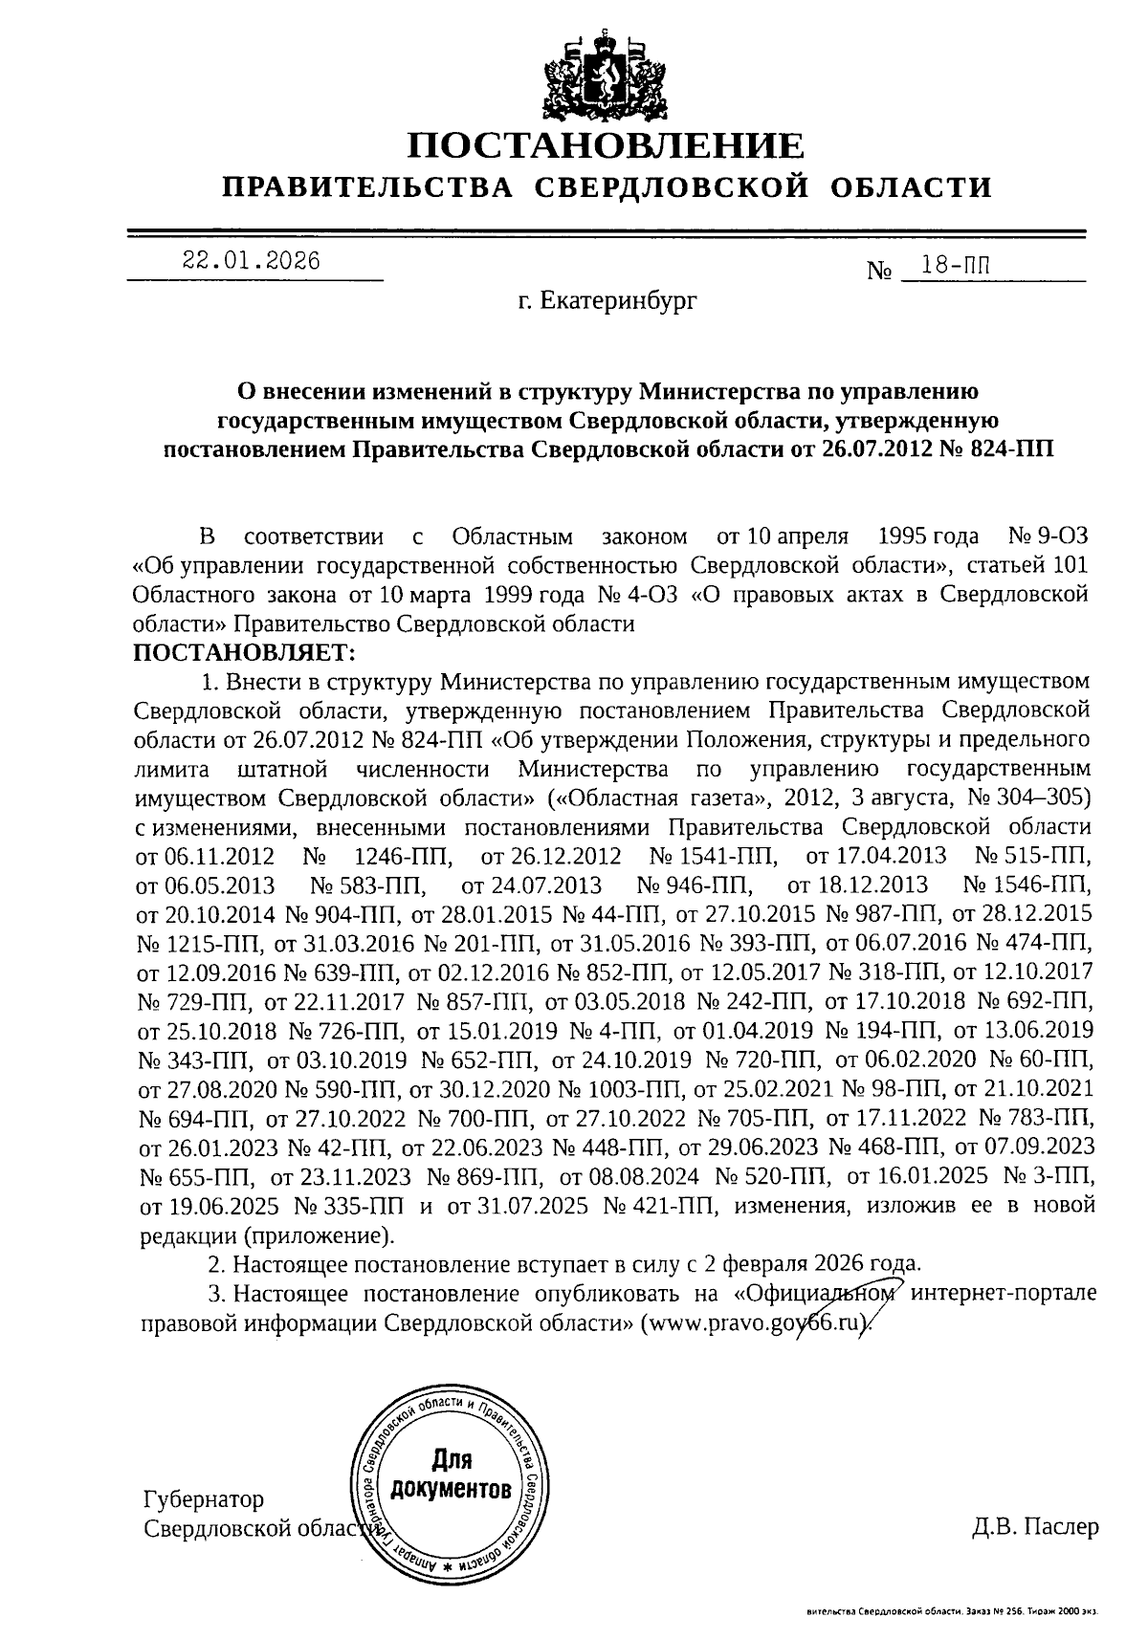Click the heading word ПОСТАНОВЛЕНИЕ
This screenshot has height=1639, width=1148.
click(x=607, y=145)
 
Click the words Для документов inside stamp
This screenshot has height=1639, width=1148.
click(x=451, y=1474)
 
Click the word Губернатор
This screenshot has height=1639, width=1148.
click(x=204, y=1499)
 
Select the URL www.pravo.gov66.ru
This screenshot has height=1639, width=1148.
click(x=758, y=1323)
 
